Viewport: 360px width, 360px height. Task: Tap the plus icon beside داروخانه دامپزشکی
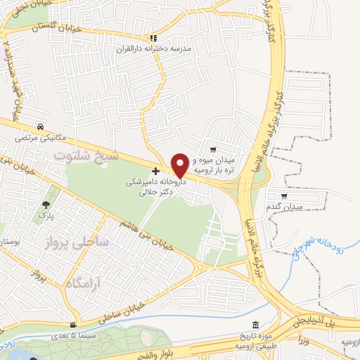[x=155, y=171]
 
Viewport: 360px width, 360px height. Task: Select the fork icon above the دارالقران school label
[x=153, y=38]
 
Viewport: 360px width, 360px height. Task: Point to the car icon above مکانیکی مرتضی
[x=41, y=127]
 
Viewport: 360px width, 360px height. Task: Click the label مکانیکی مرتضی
[x=35, y=138]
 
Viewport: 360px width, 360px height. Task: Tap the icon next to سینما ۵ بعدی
[x=73, y=325]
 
